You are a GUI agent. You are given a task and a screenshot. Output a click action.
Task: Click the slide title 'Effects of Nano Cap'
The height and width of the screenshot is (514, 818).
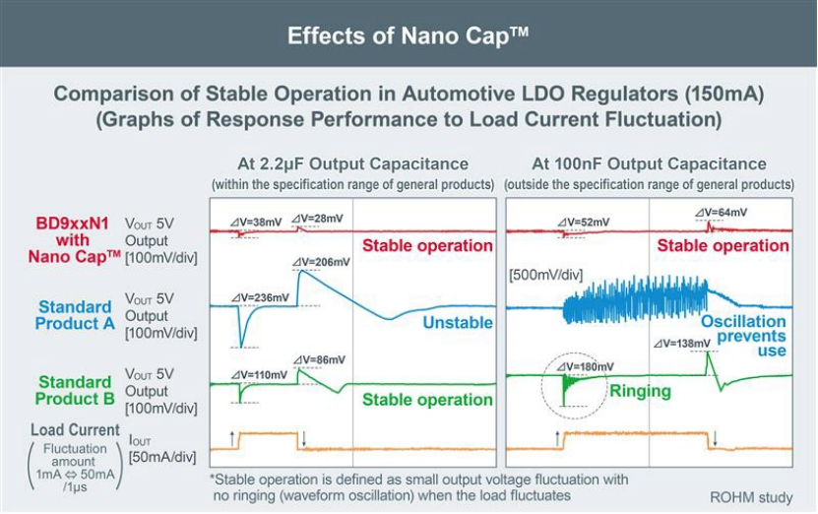pyautogui.click(x=408, y=36)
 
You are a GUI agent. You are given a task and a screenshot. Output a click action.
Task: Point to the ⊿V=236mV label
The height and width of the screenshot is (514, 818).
pyautogui.click(x=260, y=296)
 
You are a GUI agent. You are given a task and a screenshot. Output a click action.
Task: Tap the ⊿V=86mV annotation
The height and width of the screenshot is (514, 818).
pyautogui.click(x=322, y=360)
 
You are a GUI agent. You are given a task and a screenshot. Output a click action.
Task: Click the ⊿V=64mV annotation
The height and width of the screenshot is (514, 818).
pyautogui.click(x=721, y=212)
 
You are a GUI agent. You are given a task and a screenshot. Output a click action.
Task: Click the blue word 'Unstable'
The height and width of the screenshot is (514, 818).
pyautogui.click(x=458, y=322)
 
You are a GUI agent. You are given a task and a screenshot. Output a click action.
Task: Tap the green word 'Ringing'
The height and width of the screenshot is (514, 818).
pyautogui.click(x=640, y=391)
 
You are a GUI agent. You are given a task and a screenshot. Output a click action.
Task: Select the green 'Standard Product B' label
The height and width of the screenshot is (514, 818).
pyautogui.click(x=74, y=390)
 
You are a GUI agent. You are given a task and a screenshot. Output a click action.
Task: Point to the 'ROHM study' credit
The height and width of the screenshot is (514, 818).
pyautogui.click(x=751, y=497)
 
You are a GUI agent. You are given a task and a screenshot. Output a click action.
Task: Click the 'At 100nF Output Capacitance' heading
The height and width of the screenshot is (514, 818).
pyautogui.click(x=649, y=164)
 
